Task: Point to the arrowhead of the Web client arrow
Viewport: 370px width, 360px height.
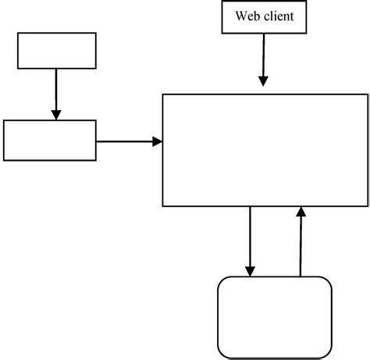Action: point(263,80)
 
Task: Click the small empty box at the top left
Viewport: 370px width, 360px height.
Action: point(56,50)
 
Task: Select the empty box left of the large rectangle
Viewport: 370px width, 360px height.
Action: point(50,140)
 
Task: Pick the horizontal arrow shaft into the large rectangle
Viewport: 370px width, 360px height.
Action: point(125,141)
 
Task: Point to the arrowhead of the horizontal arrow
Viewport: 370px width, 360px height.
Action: point(158,141)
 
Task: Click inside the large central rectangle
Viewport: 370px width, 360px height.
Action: point(264,149)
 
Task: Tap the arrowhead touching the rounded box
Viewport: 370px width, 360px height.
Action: point(250,271)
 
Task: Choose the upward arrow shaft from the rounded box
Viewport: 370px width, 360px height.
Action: point(300,246)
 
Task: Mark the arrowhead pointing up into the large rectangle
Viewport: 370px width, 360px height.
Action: point(300,212)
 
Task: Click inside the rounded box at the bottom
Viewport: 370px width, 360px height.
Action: point(272,315)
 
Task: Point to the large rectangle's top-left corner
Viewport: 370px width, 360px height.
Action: point(162,94)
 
